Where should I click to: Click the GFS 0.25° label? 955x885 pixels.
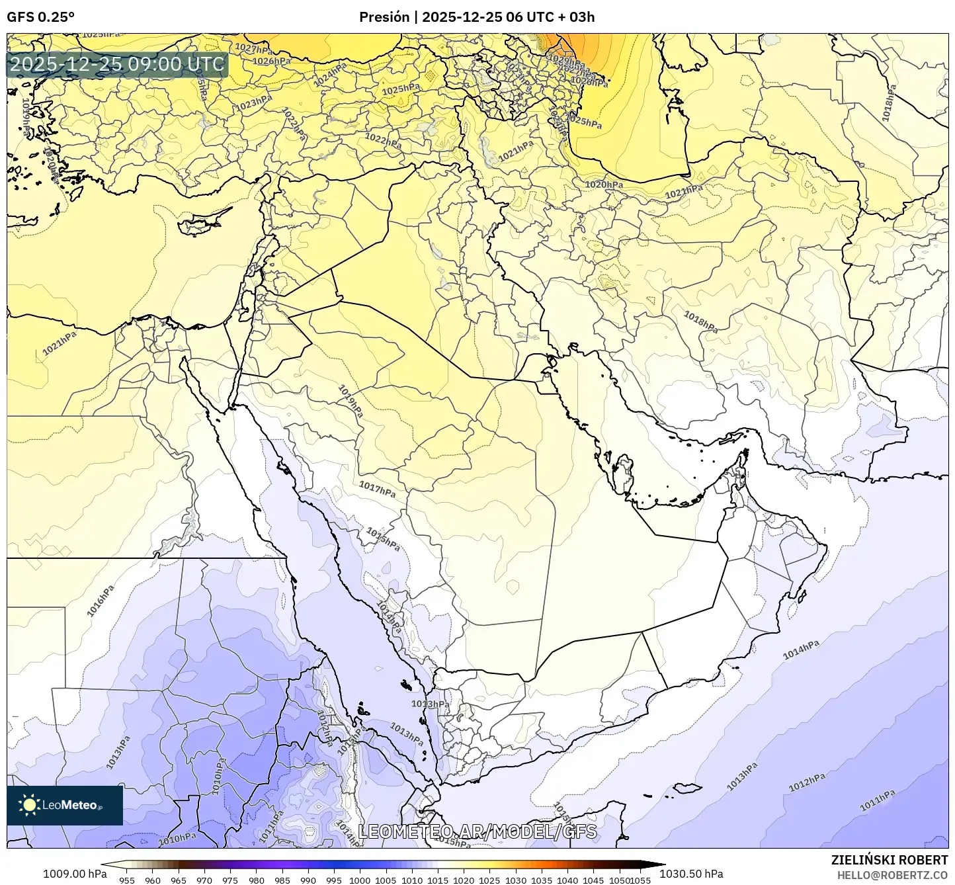pyautogui.click(x=40, y=17)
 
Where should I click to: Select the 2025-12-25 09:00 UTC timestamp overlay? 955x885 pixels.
pyautogui.click(x=117, y=65)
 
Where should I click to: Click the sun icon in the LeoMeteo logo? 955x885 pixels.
pyautogui.click(x=29, y=804)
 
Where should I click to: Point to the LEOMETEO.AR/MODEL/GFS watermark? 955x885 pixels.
pyautogui.click(x=477, y=831)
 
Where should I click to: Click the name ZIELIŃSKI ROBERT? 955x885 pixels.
pyautogui.click(x=890, y=860)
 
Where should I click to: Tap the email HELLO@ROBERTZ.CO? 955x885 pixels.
pyautogui.click(x=892, y=874)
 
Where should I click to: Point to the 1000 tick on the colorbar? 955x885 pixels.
pyautogui.click(x=360, y=880)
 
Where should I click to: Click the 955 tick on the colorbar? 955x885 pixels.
pyautogui.click(x=127, y=880)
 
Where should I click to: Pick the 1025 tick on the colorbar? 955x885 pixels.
pyautogui.click(x=489, y=880)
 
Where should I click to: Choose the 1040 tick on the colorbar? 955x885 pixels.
pyautogui.click(x=567, y=880)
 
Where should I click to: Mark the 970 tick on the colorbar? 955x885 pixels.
pyautogui.click(x=204, y=880)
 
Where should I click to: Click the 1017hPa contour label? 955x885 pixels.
pyautogui.click(x=377, y=489)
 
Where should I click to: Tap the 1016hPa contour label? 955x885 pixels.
pyautogui.click(x=101, y=601)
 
